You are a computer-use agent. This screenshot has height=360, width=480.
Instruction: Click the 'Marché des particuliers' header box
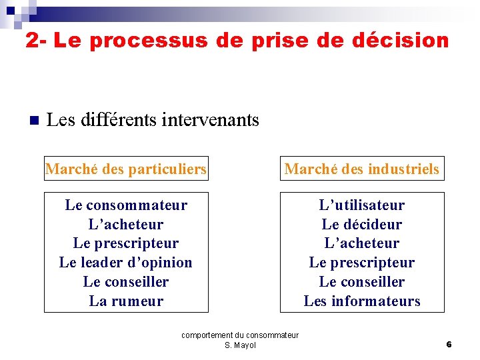pos(126,169)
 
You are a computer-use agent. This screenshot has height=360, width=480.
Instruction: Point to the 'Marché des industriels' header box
pos(361,169)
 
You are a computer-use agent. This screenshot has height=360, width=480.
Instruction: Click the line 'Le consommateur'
pos(126,205)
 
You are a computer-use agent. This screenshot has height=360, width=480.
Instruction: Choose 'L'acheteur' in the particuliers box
pos(126,225)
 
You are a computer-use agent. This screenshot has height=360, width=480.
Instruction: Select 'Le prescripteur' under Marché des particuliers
pos(126,243)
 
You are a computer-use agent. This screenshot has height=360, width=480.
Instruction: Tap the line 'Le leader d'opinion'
pos(126,263)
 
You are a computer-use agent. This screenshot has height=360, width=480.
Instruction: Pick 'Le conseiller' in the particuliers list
pos(126,282)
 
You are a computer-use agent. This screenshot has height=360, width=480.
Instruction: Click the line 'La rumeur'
pos(126,301)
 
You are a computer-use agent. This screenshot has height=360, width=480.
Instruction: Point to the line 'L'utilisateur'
pos(361,205)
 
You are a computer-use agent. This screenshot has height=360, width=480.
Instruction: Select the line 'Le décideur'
pos(361,225)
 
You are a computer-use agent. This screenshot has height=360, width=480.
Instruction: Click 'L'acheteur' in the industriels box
pos(361,243)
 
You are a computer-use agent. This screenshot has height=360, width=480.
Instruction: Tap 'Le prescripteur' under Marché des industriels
pos(361,263)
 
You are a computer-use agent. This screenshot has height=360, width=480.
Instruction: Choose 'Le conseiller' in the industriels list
pos(361,282)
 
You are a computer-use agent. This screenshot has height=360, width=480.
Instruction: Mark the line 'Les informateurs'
pos(361,301)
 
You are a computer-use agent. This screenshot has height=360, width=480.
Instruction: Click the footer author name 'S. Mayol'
pos(240,345)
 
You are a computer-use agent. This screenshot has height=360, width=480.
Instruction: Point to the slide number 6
pos(449,345)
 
